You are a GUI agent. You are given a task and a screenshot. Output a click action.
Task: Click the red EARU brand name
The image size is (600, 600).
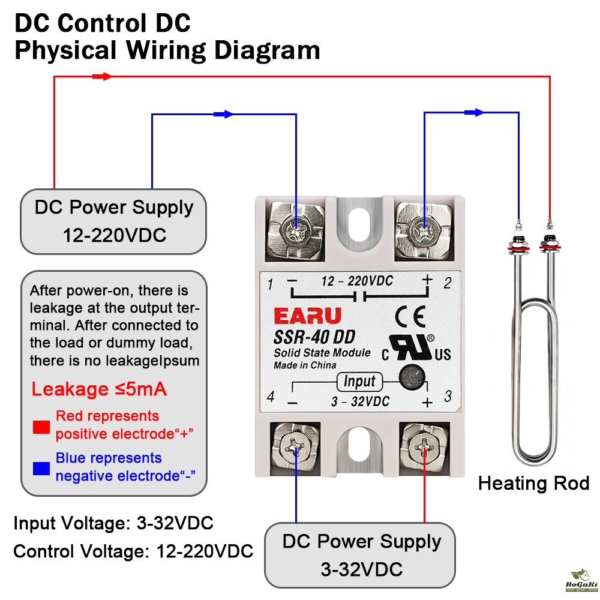[x=307, y=316]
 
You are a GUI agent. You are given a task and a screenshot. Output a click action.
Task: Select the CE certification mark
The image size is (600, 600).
[x=410, y=316]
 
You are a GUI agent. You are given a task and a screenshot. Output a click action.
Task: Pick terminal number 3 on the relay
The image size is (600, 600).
[x=447, y=397]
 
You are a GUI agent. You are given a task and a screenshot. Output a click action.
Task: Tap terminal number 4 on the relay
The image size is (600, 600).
[x=271, y=397]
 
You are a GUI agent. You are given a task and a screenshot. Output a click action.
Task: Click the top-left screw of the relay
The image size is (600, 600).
[x=296, y=229]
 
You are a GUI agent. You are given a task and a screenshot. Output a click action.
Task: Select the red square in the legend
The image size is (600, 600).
[x=41, y=427]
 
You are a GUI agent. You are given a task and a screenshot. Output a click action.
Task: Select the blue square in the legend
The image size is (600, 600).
[x=41, y=467]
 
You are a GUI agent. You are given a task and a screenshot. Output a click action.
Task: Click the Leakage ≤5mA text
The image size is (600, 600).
[x=99, y=389]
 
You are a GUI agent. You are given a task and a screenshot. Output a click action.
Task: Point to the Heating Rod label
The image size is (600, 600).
[x=533, y=483]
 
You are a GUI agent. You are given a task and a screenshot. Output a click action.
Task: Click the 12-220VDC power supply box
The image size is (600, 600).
[x=114, y=221]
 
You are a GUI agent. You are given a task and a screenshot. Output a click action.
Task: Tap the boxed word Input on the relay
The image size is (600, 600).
[x=359, y=381]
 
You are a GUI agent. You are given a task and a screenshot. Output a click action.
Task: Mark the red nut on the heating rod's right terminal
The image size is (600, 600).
[x=548, y=244]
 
